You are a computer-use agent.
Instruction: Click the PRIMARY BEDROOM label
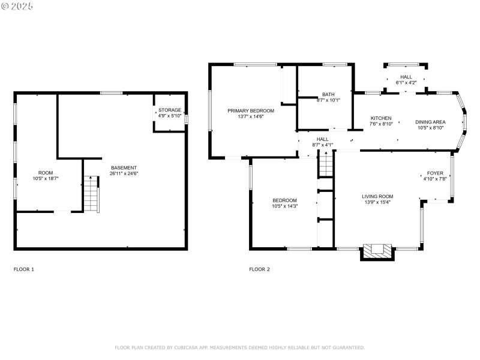251,110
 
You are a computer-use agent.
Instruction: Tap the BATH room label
328,94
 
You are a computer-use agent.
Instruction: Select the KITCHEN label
381,118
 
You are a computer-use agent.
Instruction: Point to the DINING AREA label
430,122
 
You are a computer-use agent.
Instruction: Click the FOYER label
435,173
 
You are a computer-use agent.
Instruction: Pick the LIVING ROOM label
377,196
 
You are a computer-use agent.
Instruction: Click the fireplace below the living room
377,251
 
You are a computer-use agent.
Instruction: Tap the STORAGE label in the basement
170,110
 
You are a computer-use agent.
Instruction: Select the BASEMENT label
124,167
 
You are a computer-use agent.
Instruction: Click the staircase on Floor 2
326,164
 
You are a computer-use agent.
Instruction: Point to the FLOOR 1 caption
24,269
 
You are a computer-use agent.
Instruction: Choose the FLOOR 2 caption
260,269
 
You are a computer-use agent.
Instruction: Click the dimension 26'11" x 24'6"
124,173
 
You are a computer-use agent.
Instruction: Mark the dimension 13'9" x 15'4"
377,202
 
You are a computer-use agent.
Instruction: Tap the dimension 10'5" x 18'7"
46,178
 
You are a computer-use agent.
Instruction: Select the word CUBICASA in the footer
187,347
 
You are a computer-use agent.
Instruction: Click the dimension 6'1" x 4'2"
406,83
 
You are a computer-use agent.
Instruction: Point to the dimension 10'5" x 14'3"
285,206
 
